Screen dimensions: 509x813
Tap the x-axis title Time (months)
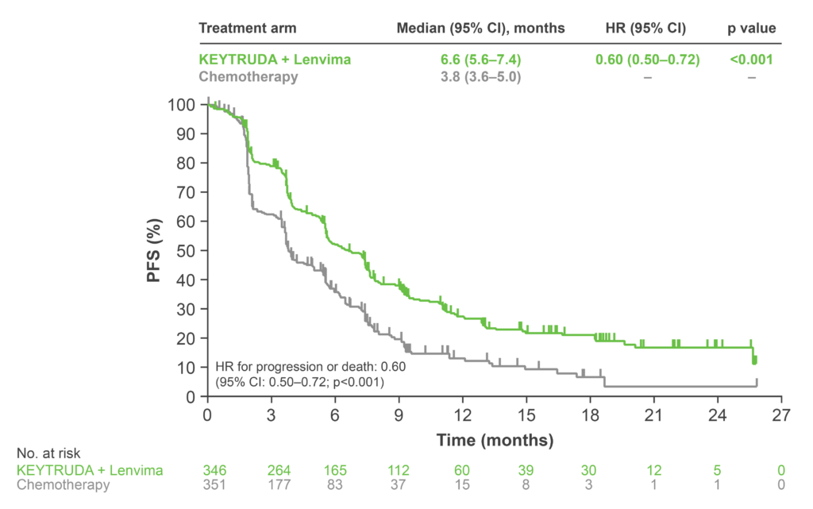[x=494, y=439]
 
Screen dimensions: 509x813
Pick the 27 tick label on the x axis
[x=782, y=415]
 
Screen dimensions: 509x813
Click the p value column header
[x=750, y=27]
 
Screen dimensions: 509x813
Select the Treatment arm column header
[x=247, y=27]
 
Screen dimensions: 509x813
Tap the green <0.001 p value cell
[x=750, y=60]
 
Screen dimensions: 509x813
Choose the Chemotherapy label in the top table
[x=248, y=77]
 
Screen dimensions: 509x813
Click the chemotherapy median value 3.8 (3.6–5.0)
[x=481, y=77]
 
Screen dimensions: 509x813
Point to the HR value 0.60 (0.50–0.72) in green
[x=648, y=60]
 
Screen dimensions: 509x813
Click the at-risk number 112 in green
[x=399, y=470]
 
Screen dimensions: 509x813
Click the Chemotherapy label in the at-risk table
[x=64, y=485]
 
